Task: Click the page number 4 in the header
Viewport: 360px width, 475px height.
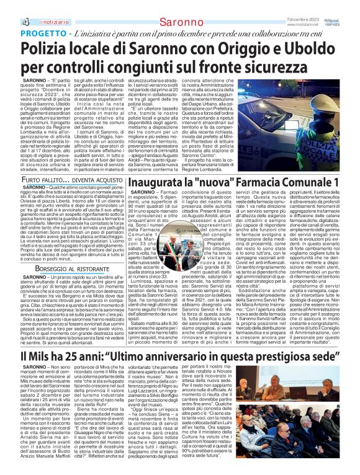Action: click(10, 5)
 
